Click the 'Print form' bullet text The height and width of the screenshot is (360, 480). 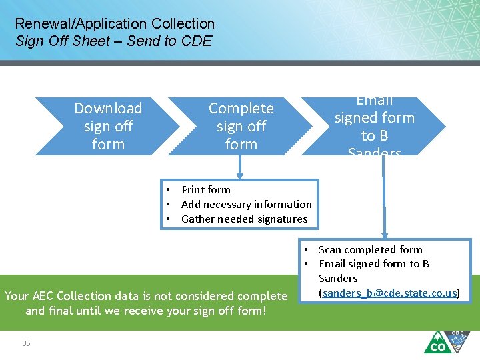pos(206,190)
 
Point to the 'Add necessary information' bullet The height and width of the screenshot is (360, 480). pos(246,205)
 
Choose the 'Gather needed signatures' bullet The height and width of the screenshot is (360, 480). pos(244,219)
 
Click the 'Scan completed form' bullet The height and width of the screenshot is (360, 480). pos(370,250)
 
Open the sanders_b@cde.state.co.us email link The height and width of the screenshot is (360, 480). pos(389,293)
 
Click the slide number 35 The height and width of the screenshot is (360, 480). pos(26,343)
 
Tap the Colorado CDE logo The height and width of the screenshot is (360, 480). pos(447,341)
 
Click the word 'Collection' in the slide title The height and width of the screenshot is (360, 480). pos(183,25)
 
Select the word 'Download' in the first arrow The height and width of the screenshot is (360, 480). pos(108,108)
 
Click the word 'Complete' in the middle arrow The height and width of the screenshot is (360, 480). pos(241,108)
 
